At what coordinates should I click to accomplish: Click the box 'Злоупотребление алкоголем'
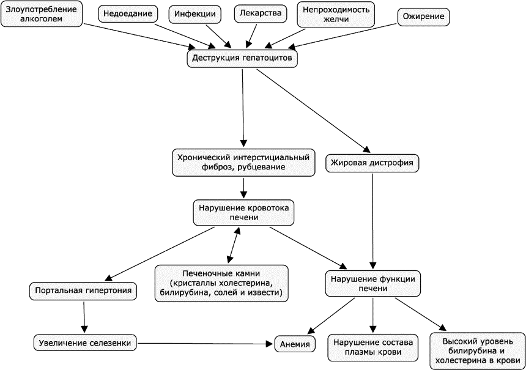coord(41,14)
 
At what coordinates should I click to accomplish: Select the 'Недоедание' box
coord(127,14)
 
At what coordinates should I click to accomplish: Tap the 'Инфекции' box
coord(194,14)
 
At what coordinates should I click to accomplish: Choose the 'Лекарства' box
coord(261,13)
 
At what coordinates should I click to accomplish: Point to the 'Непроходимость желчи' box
coord(336,14)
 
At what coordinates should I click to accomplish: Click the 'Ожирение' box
coord(423,17)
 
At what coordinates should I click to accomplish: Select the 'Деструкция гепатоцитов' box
coord(242,58)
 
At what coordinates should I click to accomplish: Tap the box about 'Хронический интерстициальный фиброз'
coord(243,162)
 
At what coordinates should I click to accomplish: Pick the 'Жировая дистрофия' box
coord(372,163)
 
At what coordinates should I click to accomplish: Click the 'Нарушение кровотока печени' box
coord(243,213)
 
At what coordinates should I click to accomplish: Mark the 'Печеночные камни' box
coord(221,283)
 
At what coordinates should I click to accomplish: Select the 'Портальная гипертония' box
coord(83,291)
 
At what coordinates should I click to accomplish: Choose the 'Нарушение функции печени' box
coord(372,284)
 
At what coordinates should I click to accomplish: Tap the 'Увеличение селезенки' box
coord(85,343)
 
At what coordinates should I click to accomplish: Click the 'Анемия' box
coord(295,344)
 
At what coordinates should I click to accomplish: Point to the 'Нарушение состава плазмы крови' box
coord(372,347)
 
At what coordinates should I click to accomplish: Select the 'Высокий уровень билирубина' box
coord(478,351)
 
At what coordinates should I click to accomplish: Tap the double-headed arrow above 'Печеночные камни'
coord(234,245)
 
